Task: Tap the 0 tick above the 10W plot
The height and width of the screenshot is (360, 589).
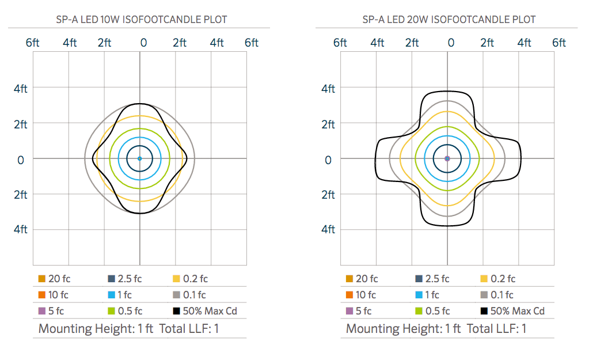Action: pos(143,43)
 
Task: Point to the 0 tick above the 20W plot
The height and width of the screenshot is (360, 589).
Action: pos(451,43)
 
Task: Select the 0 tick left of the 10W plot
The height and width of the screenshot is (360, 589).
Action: pos(21,159)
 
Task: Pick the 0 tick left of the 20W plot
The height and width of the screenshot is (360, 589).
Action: pos(328,159)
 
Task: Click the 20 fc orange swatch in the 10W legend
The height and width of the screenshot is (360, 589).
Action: pos(42,279)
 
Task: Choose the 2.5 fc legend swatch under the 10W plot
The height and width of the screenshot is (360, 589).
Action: pos(111,279)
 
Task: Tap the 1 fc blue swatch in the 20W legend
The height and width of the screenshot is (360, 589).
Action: pos(419,295)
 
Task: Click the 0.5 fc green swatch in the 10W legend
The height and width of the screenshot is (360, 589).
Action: pos(111,312)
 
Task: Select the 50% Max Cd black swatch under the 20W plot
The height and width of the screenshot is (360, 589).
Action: pos(484,312)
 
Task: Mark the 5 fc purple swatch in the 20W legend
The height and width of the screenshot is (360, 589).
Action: pos(349,312)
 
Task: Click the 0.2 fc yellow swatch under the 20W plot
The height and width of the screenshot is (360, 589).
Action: pos(484,279)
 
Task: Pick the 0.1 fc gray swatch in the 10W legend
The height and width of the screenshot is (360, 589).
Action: pos(177,295)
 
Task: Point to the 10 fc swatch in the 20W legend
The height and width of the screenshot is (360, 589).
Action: pos(349,295)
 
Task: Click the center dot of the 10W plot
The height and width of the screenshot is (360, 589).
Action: pos(139,158)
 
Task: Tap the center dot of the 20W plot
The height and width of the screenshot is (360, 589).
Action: pos(447,158)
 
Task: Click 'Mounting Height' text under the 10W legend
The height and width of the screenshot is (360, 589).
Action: pos(85,329)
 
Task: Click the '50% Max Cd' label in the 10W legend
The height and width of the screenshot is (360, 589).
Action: pos(210,312)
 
